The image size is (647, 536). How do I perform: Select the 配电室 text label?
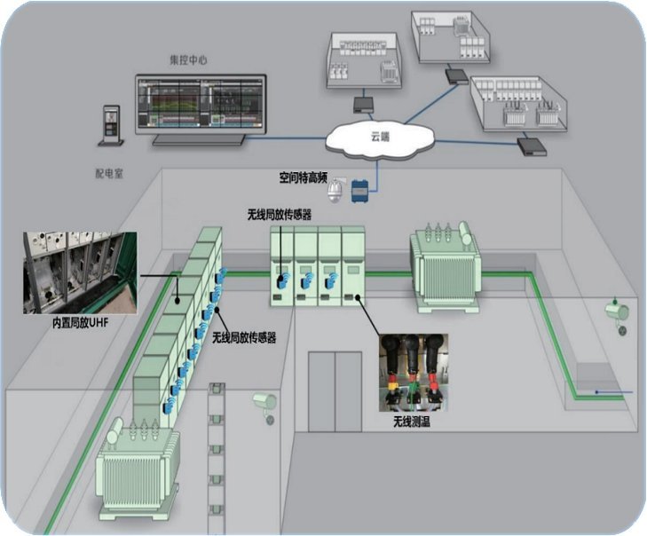click(108, 175)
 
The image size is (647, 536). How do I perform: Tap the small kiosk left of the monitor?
click(111, 127)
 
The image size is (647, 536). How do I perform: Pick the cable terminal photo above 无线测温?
click(414, 372)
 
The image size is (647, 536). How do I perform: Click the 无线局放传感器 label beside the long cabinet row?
click(244, 338)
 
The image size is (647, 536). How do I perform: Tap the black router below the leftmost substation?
click(363, 105)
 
